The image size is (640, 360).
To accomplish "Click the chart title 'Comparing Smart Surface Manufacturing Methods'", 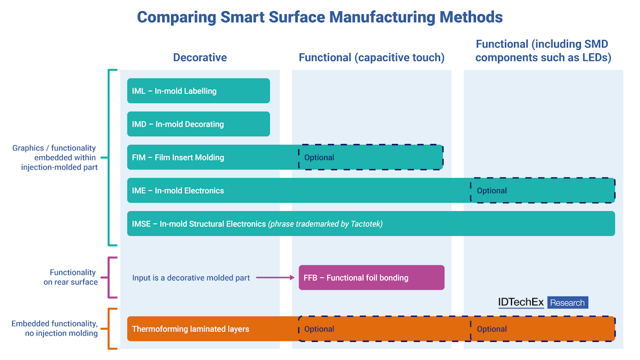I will coord(319,17).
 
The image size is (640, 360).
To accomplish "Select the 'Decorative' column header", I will coord(200,58).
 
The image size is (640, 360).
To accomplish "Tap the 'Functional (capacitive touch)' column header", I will coord(371,58).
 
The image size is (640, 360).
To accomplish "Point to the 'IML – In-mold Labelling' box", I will coord(198,91).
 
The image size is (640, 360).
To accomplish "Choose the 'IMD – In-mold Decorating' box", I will coord(198,124).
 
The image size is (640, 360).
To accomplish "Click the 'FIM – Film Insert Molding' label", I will coord(178,157).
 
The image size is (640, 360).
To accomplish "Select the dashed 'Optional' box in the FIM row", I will coord(370,157).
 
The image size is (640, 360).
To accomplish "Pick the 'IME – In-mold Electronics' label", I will coord(178,190).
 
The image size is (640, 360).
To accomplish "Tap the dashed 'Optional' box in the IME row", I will coord(542,190).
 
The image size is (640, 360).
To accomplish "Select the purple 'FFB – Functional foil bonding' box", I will coord(371,277).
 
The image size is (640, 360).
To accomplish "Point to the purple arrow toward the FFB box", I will coord(275,277).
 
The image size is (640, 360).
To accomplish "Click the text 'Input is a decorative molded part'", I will coord(191,277).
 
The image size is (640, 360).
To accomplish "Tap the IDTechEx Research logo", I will coord(543,302).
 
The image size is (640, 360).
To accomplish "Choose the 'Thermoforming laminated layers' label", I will coord(190,329).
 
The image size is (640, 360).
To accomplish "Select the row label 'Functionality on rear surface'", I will coord(71,277).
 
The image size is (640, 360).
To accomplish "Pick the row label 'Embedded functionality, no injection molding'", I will coord(54,329).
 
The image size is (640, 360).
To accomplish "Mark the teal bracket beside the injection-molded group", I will coord(110,157).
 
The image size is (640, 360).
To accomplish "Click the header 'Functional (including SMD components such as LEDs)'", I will coord(543,51).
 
